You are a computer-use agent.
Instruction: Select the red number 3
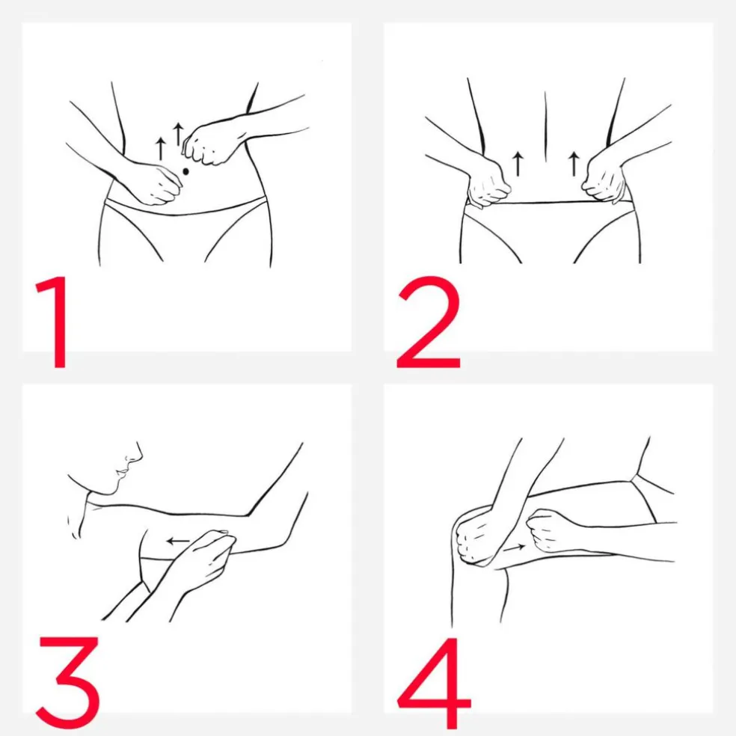[x=69, y=682]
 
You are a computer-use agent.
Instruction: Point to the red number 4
[x=434, y=682]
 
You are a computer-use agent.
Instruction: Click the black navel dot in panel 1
[x=185, y=172]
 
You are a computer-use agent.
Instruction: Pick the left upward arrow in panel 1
[x=161, y=149]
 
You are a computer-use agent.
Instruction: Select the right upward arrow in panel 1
[x=177, y=135]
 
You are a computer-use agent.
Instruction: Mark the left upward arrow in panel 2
[x=518, y=163]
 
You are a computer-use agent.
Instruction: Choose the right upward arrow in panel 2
[x=574, y=163]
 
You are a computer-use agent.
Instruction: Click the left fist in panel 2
[x=488, y=183]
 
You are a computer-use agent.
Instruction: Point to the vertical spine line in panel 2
[x=545, y=126]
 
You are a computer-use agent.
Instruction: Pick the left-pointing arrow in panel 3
[x=178, y=542]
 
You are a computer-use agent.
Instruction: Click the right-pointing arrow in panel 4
[x=514, y=548]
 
